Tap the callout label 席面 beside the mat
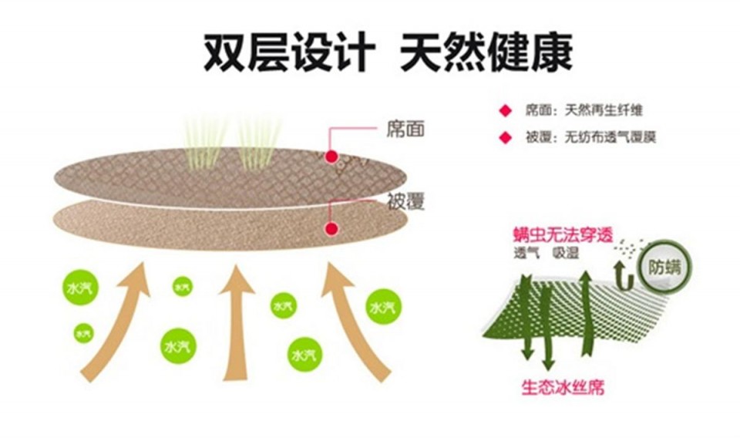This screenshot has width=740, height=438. pyautogui.click(x=405, y=129)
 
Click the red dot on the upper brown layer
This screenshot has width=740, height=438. pyautogui.click(x=331, y=157)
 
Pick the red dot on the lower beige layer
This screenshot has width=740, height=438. pyautogui.click(x=331, y=229)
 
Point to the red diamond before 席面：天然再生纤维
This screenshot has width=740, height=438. pyautogui.click(x=506, y=111)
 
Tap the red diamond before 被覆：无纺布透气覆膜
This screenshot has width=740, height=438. pyautogui.click(x=506, y=138)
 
